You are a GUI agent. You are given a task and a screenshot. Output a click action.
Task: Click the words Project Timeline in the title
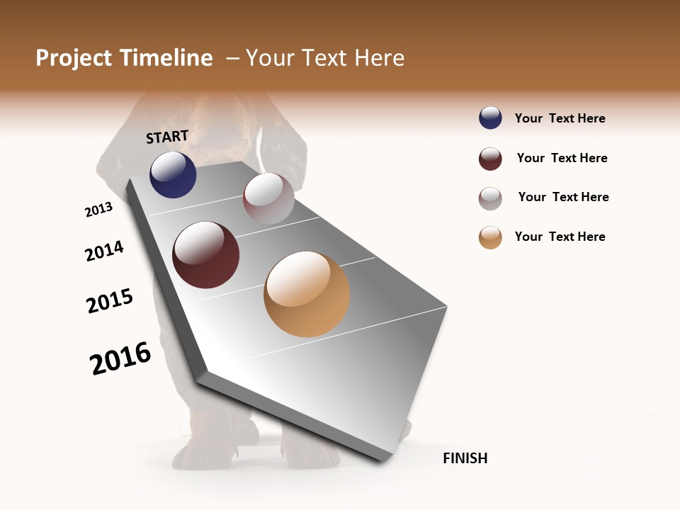pos(124,58)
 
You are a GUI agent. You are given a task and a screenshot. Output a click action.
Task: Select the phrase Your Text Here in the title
pos(325,58)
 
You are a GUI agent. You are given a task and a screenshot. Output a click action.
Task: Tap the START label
pos(167,137)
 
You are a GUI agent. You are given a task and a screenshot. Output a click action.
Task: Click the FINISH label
pos(465,458)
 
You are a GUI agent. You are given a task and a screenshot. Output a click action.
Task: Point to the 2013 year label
pos(98,210)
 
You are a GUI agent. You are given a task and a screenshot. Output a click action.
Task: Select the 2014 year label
pos(104,251)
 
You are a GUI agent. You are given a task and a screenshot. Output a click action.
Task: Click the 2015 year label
pos(110,301)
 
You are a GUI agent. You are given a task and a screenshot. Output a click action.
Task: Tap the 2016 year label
pos(120,358)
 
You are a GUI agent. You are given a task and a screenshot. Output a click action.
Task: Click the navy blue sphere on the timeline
pos(173,174)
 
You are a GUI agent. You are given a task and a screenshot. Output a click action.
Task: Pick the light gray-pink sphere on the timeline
pos(268,198)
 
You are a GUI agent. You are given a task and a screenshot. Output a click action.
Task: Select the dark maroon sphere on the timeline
pos(206,255)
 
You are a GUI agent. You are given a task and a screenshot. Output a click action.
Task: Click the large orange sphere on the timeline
pos(307,294)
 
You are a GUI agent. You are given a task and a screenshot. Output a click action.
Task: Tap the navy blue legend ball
pos(490,118)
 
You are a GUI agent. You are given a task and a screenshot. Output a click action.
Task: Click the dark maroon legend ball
pos(490,159)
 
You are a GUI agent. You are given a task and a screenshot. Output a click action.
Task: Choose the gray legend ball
pos(490,198)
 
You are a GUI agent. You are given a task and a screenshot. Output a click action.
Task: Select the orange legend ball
pos(490,237)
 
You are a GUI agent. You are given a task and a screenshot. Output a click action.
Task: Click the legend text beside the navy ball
pos(560,118)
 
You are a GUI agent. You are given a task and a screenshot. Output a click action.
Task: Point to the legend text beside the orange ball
pos(560,237)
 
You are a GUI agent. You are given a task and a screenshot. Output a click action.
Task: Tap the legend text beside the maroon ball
pos(562,158)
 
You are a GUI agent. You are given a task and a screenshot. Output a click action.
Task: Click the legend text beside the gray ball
pos(563,197)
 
